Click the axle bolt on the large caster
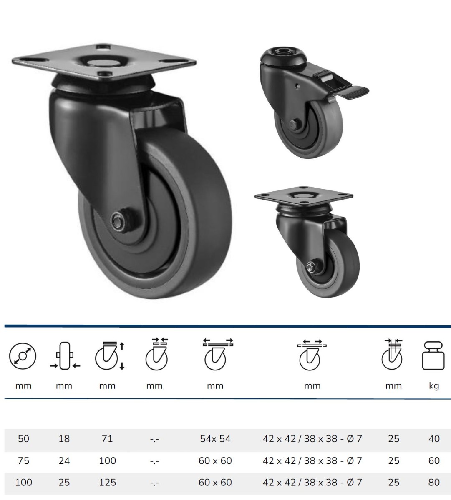[x=118, y=221]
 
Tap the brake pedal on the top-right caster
[x=355, y=90]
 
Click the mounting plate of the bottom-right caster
[x=304, y=196]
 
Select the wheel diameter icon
[x=23, y=357]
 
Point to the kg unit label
[x=433, y=386]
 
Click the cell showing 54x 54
[x=215, y=438]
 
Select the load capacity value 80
[x=433, y=482]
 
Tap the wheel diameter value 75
[x=23, y=460]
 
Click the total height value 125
[x=107, y=482]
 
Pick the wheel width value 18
[x=64, y=438]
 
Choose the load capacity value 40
[x=433, y=438]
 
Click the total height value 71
[x=107, y=438]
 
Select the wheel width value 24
[x=64, y=460]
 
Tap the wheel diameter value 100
[x=23, y=482]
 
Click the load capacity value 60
[x=433, y=460]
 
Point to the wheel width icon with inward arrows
[x=64, y=357]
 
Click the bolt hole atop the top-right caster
[x=283, y=53]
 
